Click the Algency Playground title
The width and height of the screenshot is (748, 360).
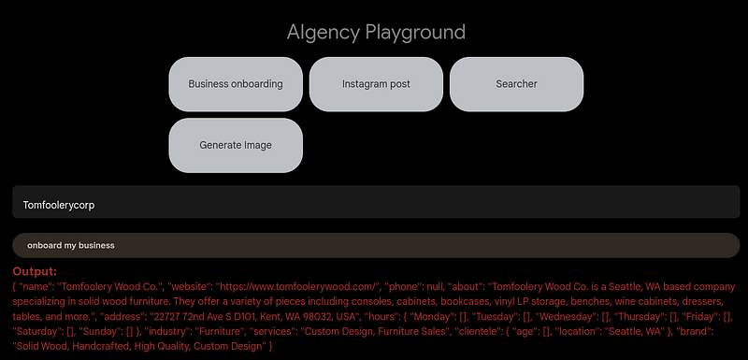[x=376, y=33]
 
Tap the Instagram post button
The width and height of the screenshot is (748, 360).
[x=376, y=84]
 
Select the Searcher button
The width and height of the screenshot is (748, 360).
[x=516, y=84]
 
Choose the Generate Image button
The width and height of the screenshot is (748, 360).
[x=236, y=146]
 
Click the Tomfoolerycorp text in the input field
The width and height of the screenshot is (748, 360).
[x=59, y=204]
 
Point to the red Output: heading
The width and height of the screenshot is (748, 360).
[x=36, y=270]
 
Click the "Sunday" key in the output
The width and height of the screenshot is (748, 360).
[x=100, y=332]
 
